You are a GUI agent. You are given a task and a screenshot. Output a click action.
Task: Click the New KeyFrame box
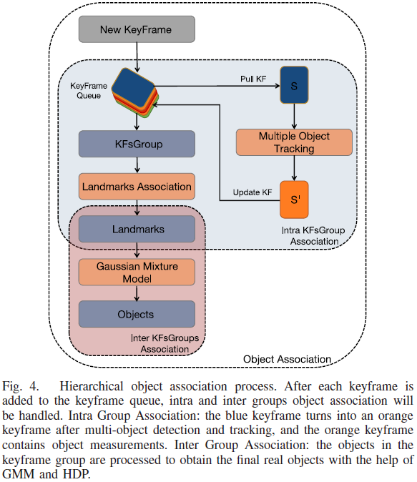click(136, 31)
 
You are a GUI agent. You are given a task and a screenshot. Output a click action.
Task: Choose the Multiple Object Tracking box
click(294, 142)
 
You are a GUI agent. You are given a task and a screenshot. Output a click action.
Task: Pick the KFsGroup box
click(137, 144)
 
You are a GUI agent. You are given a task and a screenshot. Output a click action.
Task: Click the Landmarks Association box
click(137, 187)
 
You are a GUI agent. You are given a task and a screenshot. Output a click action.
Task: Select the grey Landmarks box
click(137, 229)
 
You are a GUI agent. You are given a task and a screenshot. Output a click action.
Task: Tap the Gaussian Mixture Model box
click(137, 272)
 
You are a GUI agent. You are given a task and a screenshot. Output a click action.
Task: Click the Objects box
click(137, 314)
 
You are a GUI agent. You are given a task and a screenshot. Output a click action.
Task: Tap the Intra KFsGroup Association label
click(310, 236)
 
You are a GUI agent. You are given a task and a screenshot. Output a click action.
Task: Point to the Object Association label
click(287, 358)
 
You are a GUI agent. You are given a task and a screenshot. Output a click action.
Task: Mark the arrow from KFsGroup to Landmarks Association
click(137, 165)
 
